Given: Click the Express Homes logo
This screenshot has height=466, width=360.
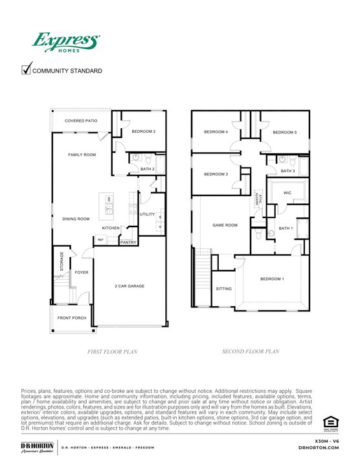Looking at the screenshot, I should (66, 43).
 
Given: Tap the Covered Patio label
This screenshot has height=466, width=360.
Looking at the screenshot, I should (82, 121).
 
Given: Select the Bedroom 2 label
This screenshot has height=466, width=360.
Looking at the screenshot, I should (144, 131).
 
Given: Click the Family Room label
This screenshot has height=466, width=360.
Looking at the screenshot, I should (82, 155).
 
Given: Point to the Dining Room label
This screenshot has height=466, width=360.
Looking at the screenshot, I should (76, 219).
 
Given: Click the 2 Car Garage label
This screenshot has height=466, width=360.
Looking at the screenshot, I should (129, 285).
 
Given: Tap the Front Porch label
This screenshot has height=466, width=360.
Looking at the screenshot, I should (72, 317).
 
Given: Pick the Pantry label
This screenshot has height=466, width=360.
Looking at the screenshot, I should (128, 242).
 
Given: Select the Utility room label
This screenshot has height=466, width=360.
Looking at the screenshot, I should (147, 214).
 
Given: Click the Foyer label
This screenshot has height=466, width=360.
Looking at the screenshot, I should (81, 272).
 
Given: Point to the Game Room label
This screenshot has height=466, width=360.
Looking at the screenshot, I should (225, 225).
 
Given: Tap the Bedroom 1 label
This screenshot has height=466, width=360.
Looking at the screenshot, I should (272, 279).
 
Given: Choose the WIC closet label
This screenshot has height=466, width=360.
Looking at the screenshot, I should (287, 192).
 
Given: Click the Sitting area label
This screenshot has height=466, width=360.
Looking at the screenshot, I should (223, 289).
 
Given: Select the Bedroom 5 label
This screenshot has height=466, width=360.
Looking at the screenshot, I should (285, 133).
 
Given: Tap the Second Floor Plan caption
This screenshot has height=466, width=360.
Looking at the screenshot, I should (250, 352).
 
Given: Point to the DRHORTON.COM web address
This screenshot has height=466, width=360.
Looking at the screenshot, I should (321, 447).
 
